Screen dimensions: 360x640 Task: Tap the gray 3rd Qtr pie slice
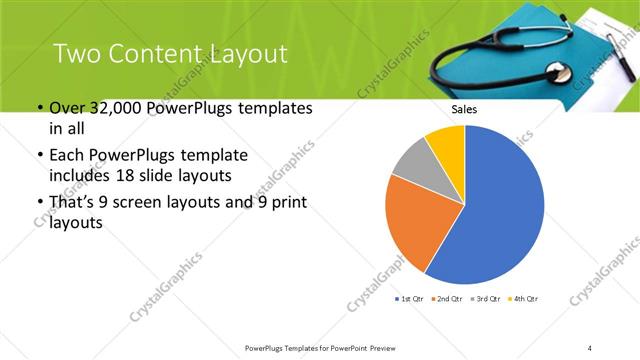[413, 162]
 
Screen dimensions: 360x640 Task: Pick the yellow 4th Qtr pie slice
[447, 143]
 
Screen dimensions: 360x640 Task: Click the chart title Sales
[464, 109]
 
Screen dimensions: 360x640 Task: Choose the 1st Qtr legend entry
[412, 299]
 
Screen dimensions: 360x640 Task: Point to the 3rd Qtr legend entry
[486, 299]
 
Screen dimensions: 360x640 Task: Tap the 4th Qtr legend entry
[523, 299]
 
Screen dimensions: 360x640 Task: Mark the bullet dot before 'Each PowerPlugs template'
[39, 156]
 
